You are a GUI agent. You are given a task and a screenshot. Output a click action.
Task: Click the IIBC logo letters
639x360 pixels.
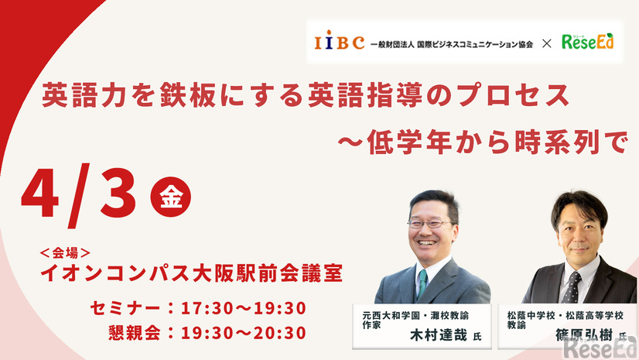click(339, 41)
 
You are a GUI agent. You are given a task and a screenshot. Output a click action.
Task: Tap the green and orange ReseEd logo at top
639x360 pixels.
click(587, 41)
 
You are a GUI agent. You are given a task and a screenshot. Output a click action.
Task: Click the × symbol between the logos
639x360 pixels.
click(546, 43)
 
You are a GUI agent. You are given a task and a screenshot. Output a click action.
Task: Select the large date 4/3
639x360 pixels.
click(79, 195)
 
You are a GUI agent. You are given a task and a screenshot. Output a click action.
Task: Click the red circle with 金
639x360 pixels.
click(170, 197)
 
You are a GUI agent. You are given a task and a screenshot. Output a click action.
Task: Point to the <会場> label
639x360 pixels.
click(65, 253)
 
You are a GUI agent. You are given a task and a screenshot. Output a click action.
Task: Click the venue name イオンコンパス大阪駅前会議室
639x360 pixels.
click(191, 273)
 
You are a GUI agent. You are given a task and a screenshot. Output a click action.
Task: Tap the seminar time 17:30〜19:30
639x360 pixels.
click(243, 309)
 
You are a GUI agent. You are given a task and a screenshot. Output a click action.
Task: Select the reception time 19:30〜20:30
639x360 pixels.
click(243, 333)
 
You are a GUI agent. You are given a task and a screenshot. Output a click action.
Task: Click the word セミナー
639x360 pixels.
click(125, 309)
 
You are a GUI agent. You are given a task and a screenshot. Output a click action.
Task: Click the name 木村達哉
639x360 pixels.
click(439, 335)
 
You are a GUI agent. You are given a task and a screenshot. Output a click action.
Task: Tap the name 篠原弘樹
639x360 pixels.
click(584, 335)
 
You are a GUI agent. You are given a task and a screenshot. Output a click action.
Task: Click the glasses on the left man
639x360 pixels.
click(429, 224)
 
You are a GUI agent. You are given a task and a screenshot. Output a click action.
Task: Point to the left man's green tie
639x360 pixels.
click(422, 283)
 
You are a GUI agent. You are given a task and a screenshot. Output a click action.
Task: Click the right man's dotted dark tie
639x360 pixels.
click(572, 287)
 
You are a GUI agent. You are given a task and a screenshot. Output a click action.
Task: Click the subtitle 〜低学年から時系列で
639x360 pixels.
click(482, 142)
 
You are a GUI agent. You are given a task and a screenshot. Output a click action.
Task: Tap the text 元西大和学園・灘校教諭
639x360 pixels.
click(415, 316)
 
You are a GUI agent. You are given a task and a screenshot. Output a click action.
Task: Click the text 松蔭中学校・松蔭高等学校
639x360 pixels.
click(566, 316)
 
